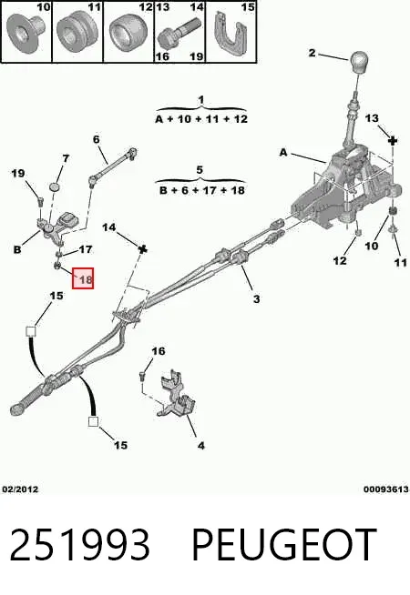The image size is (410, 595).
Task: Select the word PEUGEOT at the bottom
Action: [x=284, y=545]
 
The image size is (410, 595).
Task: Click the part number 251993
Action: [x=79, y=545]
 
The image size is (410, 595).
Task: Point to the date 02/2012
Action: [x=21, y=489]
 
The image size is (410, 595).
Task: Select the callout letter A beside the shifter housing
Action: [x=283, y=153]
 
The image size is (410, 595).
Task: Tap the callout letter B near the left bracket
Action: [x=17, y=249]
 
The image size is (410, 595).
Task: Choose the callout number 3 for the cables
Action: [x=257, y=299]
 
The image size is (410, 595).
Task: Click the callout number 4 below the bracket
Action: [x=201, y=446]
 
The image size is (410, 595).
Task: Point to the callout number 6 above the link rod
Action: [x=97, y=139]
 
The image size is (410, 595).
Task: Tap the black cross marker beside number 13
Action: [x=393, y=142]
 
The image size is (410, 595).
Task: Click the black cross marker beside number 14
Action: [x=142, y=249]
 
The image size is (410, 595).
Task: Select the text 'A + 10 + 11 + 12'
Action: [x=201, y=119]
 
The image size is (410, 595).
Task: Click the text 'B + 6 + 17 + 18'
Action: [x=201, y=190]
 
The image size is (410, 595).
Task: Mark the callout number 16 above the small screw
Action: [x=158, y=351]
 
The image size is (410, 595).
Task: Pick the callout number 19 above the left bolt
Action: [x=18, y=174]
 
